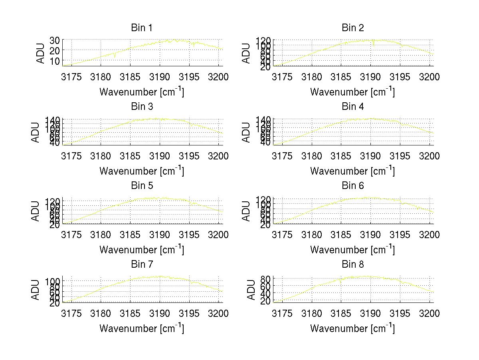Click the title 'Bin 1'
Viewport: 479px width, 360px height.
[x=142, y=28]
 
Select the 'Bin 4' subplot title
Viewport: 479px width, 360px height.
[x=353, y=107]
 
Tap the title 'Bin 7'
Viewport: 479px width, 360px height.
[x=142, y=265]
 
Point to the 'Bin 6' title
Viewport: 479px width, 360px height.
[x=353, y=186]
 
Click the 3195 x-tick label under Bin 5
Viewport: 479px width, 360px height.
[x=189, y=235]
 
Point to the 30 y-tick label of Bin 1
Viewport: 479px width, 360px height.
[x=55, y=40]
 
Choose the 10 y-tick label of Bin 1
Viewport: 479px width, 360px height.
[x=55, y=61]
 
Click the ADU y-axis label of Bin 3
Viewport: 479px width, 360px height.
[x=36, y=132]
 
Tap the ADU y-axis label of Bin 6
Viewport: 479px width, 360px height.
[x=247, y=211]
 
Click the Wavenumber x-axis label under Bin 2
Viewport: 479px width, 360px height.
[x=352, y=92]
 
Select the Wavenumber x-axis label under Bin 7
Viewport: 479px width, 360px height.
[x=142, y=328]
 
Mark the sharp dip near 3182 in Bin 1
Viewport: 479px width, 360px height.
[x=115, y=57]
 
